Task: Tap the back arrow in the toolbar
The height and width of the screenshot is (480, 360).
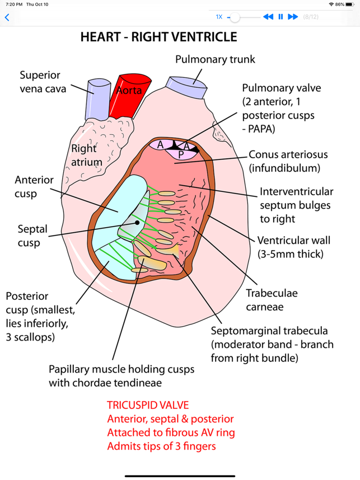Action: [x=7, y=17]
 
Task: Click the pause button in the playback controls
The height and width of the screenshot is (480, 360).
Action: [x=280, y=17]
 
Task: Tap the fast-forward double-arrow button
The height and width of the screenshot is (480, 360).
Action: [x=293, y=17]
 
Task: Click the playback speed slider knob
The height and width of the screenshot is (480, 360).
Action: [x=236, y=17]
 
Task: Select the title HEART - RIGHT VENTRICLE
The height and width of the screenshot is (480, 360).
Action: [x=158, y=37]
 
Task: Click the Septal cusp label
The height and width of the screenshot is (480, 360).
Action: [x=32, y=236]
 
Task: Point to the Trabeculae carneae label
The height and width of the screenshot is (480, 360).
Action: [x=272, y=299]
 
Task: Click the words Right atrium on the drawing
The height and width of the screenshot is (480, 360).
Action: [x=85, y=156]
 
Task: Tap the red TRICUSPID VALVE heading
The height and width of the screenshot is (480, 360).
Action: [x=148, y=405]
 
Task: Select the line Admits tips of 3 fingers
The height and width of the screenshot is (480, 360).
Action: [x=161, y=446]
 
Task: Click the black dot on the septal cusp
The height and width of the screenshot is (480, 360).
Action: [x=137, y=222]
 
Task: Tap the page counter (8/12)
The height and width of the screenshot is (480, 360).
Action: [x=311, y=17]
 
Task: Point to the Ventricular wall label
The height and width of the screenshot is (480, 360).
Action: [x=293, y=247]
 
